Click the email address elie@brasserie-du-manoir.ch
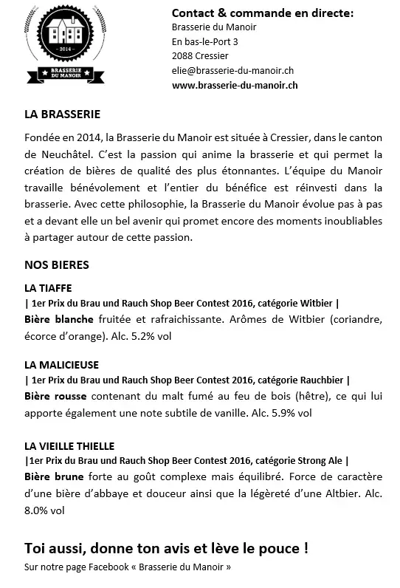coord(232,70)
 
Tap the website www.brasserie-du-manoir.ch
coord(235,85)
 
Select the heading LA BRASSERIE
coord(62,115)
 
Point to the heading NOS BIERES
coord(57,264)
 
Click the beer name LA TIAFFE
coord(48,287)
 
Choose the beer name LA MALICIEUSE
coord(61,365)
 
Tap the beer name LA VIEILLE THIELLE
coord(69,445)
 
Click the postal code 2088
coord(182,55)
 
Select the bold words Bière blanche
coord(59,319)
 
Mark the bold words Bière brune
coord(55,476)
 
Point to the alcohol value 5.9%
coord(283,413)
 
